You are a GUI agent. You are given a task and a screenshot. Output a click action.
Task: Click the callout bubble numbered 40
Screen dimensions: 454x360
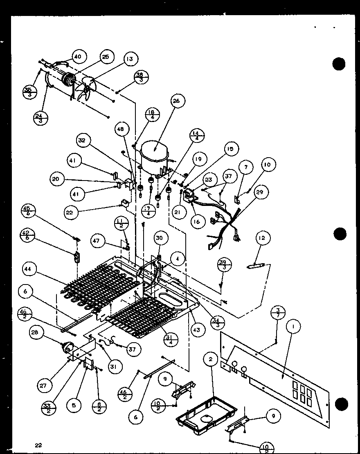(78, 56)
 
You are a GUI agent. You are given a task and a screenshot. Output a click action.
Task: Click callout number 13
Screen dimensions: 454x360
(129, 59)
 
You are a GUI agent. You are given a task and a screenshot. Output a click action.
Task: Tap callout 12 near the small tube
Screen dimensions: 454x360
(261, 237)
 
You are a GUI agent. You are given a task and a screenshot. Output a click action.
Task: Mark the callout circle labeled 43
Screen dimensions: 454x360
(198, 329)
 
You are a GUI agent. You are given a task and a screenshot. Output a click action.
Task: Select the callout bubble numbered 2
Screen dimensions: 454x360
(210, 359)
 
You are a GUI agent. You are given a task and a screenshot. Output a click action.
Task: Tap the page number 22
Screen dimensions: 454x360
(38, 445)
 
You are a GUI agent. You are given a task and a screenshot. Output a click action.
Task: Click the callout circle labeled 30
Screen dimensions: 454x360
(160, 238)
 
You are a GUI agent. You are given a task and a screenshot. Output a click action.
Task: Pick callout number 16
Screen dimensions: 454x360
(197, 221)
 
